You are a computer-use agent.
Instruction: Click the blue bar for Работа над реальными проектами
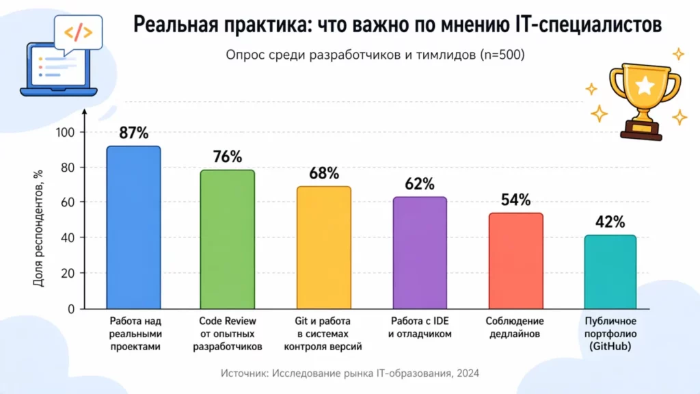coord(133,227)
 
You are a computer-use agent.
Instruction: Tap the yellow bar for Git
coord(324,247)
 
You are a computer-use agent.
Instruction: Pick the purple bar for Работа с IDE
coord(420,252)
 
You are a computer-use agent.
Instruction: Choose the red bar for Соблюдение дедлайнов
coord(515,261)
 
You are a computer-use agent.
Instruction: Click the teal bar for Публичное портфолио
coord(610,272)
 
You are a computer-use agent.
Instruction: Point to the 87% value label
coord(133,133)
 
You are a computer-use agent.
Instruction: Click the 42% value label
coord(610,222)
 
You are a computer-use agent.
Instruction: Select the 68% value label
coord(324,174)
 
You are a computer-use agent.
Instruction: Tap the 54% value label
coord(515,200)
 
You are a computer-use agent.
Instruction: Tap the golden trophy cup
coord(643,96)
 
